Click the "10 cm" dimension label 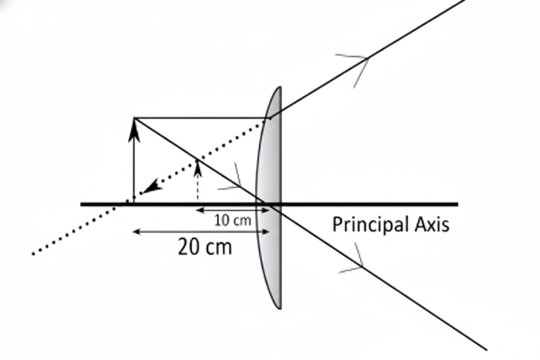pos(233,220)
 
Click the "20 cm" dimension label pos(205,247)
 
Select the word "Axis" pos(431,225)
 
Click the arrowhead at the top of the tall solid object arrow pos(134,129)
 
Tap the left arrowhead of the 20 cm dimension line pos(136,231)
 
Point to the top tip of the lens pos(279,89)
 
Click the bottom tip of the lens pos(279,308)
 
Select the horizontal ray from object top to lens pos(200,118)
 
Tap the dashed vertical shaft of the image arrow pos(198,187)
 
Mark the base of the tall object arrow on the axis pos(134,202)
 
